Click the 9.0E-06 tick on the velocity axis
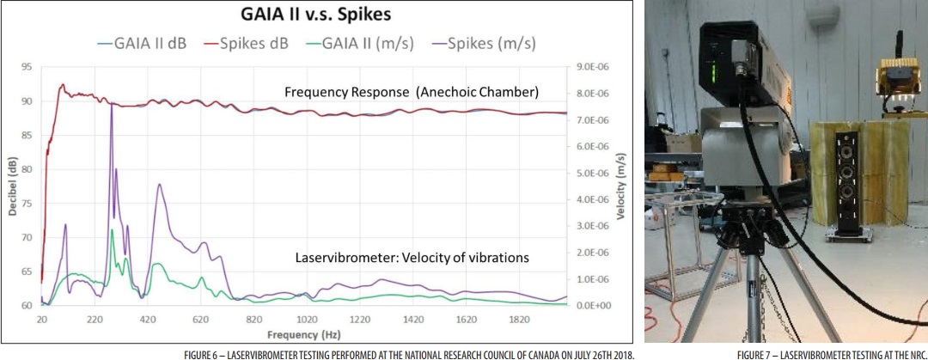593,67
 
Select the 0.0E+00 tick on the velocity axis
593,305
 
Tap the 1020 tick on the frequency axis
307,319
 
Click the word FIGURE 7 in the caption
754,353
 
